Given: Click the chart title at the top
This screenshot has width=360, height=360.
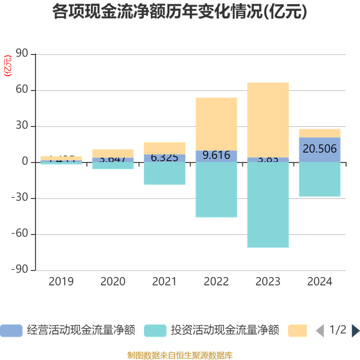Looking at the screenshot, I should [x=179, y=12].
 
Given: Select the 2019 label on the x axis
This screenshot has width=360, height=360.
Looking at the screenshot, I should [x=61, y=282].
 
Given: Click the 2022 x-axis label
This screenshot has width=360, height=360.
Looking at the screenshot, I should [x=216, y=282].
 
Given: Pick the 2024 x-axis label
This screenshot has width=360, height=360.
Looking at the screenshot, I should [x=319, y=282].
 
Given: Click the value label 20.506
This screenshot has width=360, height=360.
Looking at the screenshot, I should [x=319, y=150].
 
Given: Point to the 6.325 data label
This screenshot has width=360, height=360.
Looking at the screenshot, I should [x=165, y=158].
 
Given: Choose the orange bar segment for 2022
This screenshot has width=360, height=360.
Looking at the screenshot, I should [x=216, y=124].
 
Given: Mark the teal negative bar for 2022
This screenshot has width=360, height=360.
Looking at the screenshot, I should [x=216, y=190].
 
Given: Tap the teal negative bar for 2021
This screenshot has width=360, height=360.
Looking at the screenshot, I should [x=165, y=173].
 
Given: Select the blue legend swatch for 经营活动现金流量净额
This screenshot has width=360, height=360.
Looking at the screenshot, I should [x=11, y=330].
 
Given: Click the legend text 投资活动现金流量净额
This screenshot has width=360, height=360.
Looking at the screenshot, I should [x=225, y=330].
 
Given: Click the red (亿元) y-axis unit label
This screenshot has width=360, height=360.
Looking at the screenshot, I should [x=7, y=65].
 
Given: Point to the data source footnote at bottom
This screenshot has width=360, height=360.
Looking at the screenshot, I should [x=179, y=355].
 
